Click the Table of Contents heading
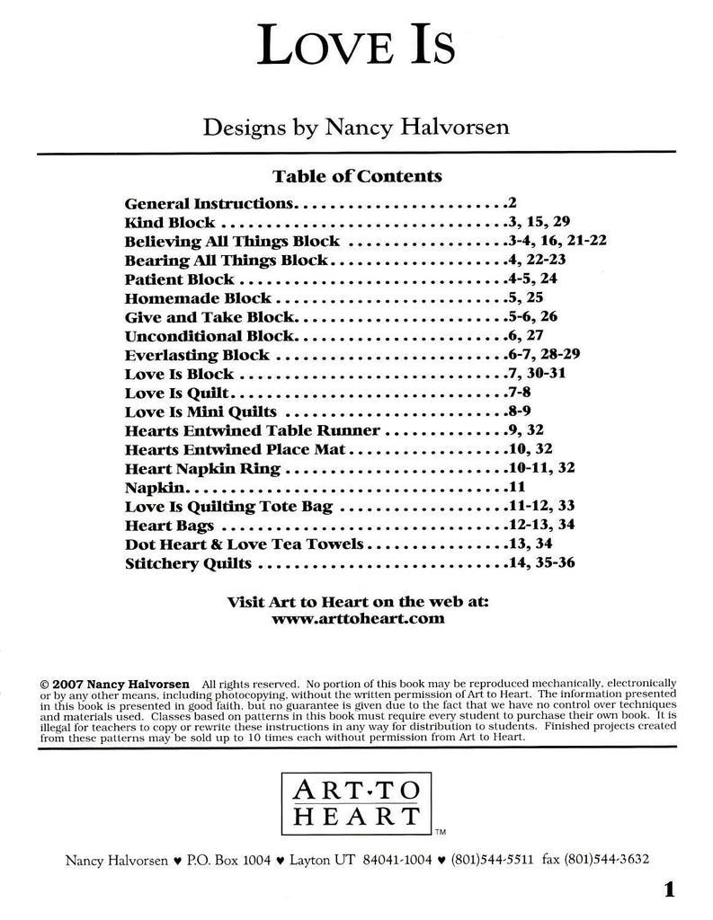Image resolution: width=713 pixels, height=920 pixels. (x=356, y=176)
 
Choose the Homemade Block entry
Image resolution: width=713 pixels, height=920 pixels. (x=199, y=297)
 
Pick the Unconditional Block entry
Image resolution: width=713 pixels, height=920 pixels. (x=210, y=335)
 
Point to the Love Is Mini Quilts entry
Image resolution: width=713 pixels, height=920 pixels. (x=201, y=411)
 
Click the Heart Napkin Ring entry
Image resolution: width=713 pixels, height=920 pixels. (x=203, y=468)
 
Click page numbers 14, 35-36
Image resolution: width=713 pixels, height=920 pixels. (x=538, y=563)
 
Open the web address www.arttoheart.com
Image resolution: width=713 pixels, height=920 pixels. (x=357, y=619)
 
